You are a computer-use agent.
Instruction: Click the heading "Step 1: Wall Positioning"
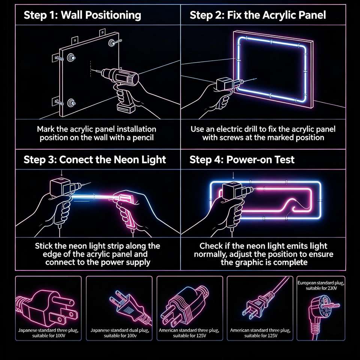[x=82, y=15]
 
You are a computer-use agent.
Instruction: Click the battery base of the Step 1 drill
[x=126, y=108]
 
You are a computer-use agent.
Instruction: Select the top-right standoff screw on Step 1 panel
[x=112, y=42]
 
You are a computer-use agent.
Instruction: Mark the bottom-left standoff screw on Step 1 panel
[x=71, y=103]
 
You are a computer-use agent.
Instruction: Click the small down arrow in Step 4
[x=233, y=175]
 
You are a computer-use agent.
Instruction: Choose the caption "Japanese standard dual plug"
[x=120, y=330]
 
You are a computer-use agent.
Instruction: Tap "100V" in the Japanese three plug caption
[x=60, y=336]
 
